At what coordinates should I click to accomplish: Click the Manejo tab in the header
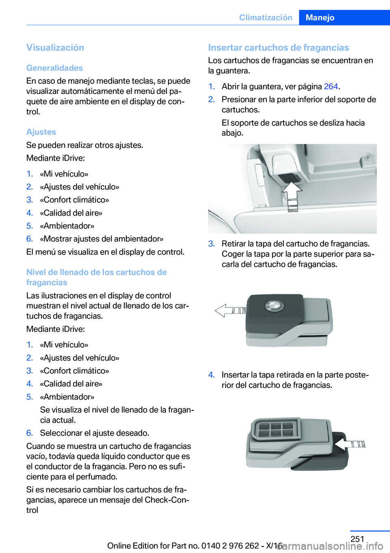(344, 17)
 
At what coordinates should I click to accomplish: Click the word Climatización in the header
(266, 17)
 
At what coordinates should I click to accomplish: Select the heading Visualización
(55, 48)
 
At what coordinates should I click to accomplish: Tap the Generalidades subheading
(54, 68)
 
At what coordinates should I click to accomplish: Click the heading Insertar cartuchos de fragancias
(278, 48)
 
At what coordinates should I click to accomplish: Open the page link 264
(331, 86)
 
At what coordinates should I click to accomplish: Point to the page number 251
(357, 539)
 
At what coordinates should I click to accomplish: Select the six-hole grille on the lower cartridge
(276, 429)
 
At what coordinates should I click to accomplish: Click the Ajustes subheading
(41, 132)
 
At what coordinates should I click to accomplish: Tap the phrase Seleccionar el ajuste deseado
(95, 433)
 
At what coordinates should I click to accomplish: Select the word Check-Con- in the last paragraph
(167, 500)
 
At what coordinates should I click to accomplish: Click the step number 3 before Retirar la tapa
(211, 244)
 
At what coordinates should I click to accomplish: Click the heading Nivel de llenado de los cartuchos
(97, 277)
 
